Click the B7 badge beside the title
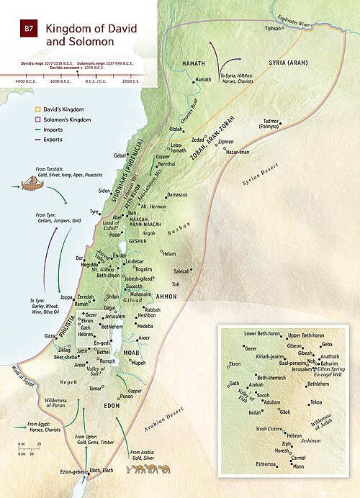[x=28, y=30]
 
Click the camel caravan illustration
[x=148, y=468]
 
